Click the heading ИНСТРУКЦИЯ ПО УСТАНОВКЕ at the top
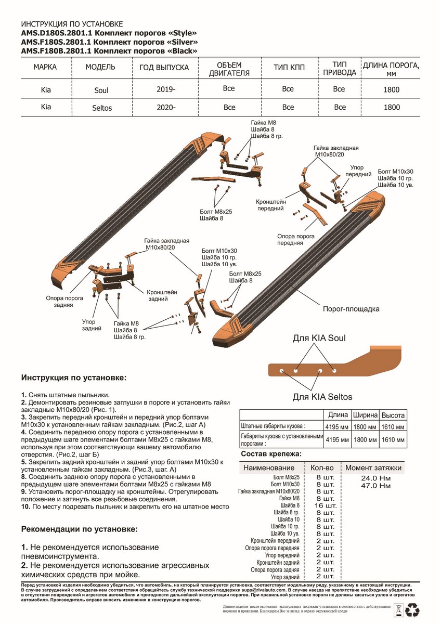coord(72,24)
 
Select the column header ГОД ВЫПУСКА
coord(164,68)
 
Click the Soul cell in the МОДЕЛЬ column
coord(101,90)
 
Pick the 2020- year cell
coord(166,108)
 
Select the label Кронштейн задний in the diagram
coord(162,296)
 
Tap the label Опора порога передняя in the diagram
coord(295,239)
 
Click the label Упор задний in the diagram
coord(91,326)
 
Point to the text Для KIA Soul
coord(319,338)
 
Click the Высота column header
coord(393,415)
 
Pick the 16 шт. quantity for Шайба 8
coord(326,505)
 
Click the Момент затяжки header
coord(373,468)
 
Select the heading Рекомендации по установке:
coord(80,529)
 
